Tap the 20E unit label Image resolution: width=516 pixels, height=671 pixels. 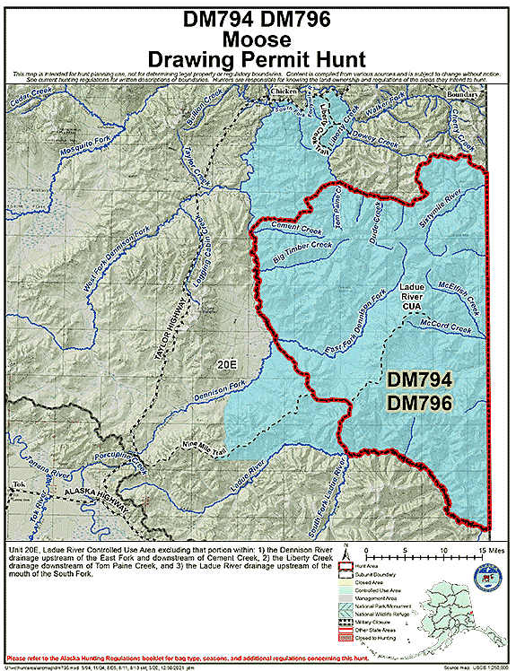(226, 366)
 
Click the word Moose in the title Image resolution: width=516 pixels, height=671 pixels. (257, 39)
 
